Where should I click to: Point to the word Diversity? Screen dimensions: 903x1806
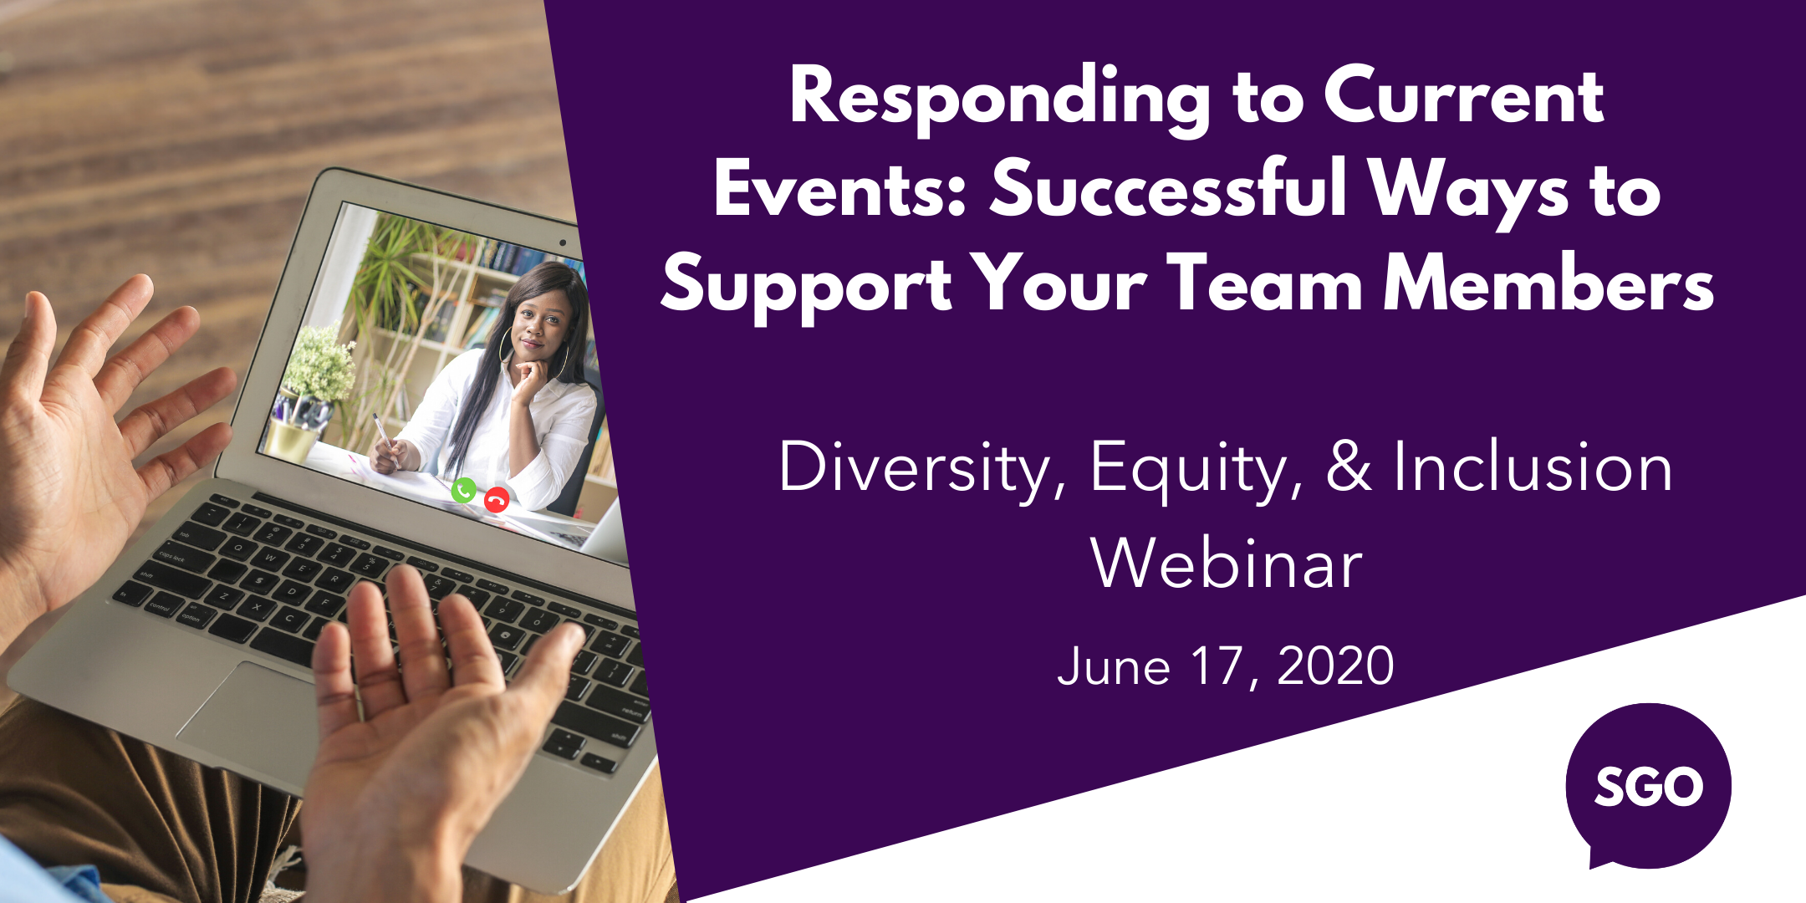pyautogui.click(x=915, y=468)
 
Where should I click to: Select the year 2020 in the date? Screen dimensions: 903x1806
pyautogui.click(x=1335, y=666)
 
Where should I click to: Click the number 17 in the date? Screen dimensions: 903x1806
pyautogui.click(x=1217, y=666)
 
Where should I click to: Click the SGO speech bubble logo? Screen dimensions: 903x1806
pyautogui.click(x=1648, y=786)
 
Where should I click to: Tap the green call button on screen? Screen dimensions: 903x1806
pyautogui.click(x=463, y=490)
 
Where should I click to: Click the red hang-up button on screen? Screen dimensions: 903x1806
pyautogui.click(x=497, y=500)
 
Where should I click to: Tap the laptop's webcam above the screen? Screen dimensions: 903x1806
pyautogui.click(x=563, y=243)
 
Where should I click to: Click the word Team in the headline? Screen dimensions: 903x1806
pyautogui.click(x=1266, y=284)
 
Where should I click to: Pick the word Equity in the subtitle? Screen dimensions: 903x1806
pyautogui.click(x=1196, y=468)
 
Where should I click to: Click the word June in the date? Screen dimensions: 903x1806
pyautogui.click(x=1113, y=666)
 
